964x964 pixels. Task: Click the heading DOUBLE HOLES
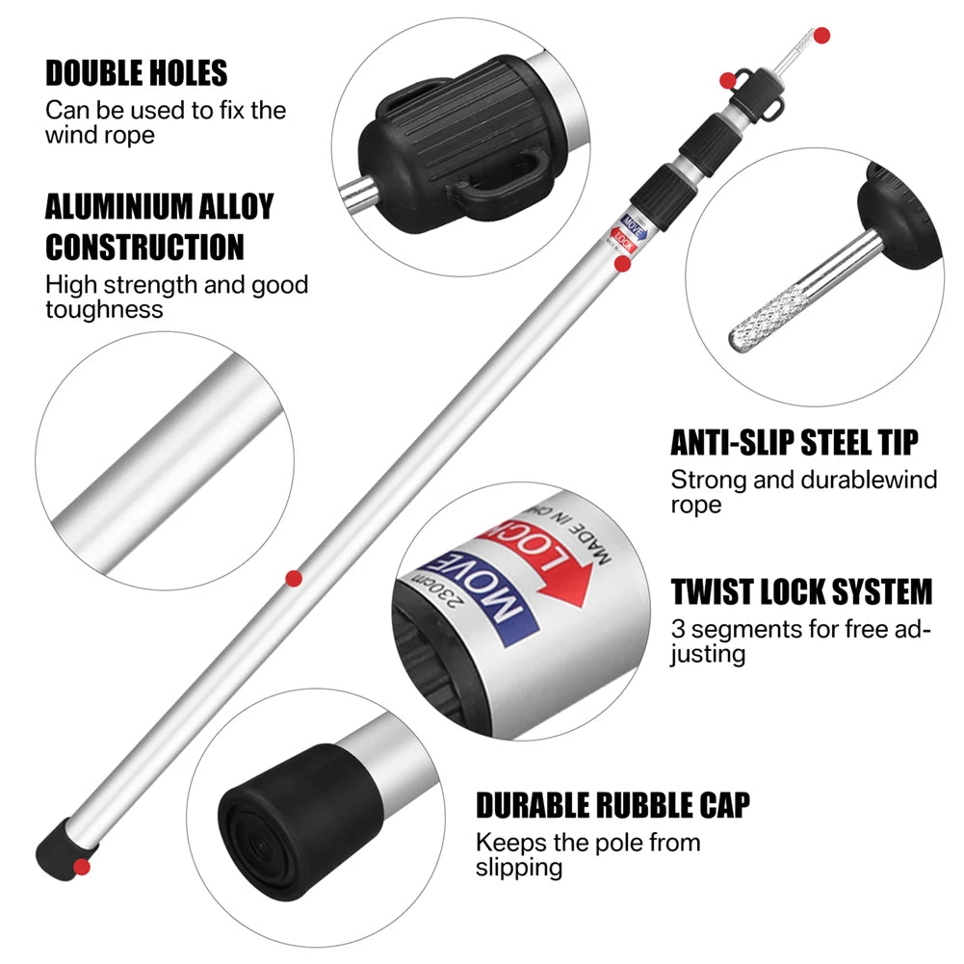click(x=136, y=72)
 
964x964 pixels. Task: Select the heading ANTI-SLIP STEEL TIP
click(x=794, y=442)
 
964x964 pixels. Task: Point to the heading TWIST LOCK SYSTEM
click(x=801, y=590)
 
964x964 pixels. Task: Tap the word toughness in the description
click(x=104, y=309)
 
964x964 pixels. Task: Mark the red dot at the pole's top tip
click(x=821, y=36)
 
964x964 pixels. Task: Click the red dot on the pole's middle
click(x=294, y=578)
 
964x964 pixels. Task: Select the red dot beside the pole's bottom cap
click(x=82, y=867)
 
